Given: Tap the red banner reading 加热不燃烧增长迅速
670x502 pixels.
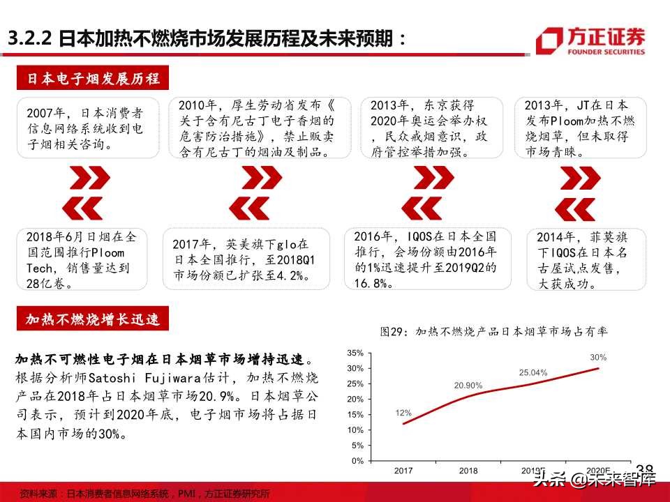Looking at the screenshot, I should tap(94, 320).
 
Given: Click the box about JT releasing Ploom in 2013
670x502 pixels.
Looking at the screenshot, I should tap(586, 128).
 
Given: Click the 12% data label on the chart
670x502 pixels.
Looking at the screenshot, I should tap(403, 413).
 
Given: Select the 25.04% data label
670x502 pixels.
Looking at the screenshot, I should tap(533, 372).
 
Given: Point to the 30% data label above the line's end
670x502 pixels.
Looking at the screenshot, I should tap(598, 357).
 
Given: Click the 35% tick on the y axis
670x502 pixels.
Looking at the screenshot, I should tap(355, 353).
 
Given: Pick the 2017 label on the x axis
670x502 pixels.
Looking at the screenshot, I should tap(404, 471).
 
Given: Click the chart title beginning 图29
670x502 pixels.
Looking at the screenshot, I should tap(493, 332).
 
